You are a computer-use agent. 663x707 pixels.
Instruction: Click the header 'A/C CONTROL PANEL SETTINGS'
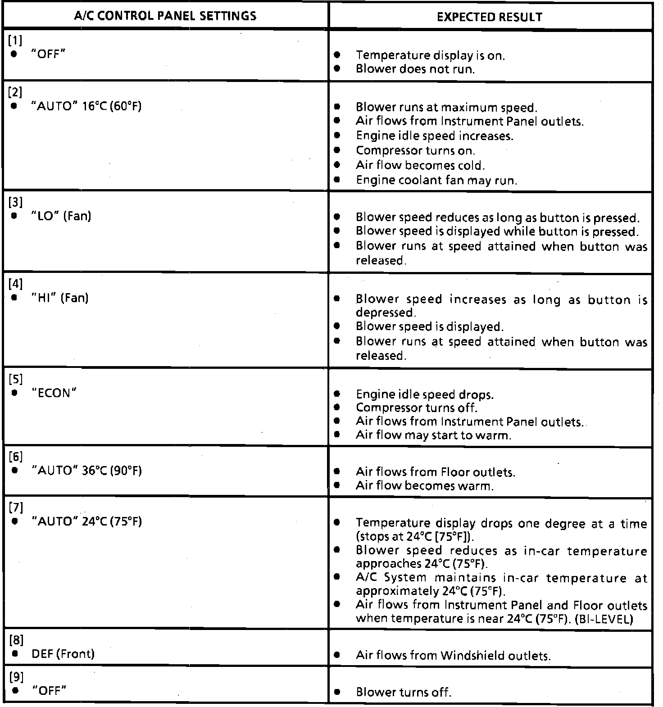(165, 16)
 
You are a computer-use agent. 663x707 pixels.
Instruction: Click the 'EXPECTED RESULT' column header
(490, 17)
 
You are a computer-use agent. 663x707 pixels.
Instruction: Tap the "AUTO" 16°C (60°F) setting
(86, 106)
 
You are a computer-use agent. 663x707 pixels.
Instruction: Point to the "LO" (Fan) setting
(61, 216)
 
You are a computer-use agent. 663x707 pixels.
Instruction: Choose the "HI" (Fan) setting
(60, 298)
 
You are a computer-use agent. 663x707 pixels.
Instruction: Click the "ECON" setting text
(54, 393)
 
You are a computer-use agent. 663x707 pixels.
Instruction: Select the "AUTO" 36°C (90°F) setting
(86, 471)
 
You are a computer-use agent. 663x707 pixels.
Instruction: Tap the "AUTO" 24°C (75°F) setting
(86, 521)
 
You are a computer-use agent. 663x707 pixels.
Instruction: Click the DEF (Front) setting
(63, 653)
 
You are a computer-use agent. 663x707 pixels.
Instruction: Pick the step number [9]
(16, 677)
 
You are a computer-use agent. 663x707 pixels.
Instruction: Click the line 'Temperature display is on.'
(430, 55)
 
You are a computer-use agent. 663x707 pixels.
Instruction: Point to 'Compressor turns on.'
(415, 150)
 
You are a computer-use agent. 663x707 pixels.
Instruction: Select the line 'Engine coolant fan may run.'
(436, 180)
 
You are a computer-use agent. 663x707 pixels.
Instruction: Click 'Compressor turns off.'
(416, 408)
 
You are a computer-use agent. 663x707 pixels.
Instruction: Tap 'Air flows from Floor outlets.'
(435, 472)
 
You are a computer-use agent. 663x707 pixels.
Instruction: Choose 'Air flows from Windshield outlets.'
(453, 655)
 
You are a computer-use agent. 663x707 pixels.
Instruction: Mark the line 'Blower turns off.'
(403, 692)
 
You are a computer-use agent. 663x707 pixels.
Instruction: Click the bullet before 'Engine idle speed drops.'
(337, 394)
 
